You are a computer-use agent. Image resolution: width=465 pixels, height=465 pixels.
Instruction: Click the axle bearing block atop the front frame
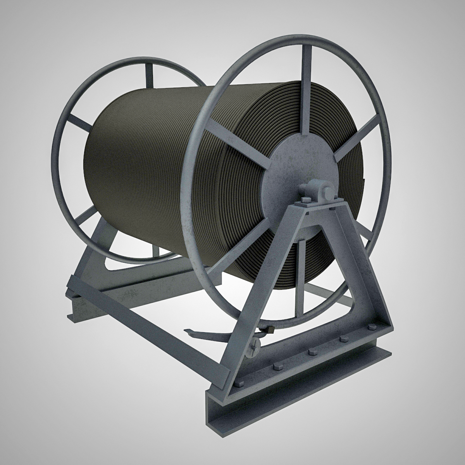tap(316, 190)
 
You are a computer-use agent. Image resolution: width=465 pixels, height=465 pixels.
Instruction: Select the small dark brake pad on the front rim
tap(270, 330)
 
